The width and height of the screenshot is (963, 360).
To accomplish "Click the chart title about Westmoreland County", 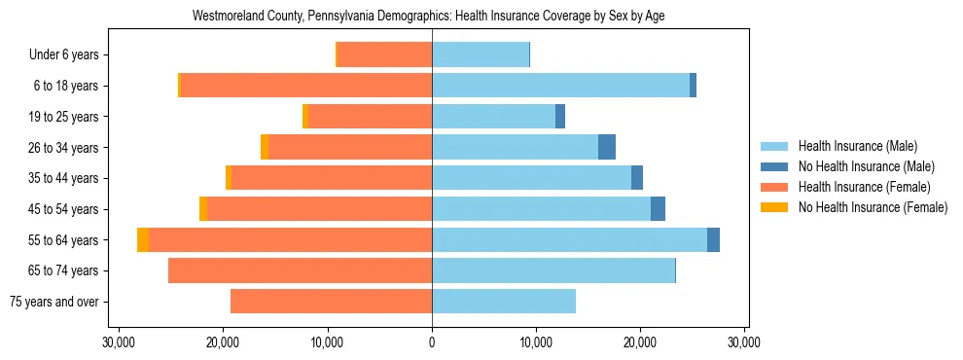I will [x=428, y=17].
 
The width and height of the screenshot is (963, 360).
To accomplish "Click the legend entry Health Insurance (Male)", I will [x=857, y=146].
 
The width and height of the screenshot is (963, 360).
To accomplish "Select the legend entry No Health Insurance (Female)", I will [x=873, y=207].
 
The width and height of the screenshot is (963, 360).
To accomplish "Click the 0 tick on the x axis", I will [x=432, y=342].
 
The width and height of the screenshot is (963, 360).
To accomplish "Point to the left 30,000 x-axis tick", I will [x=119, y=342].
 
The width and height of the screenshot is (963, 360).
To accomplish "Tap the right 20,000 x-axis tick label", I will [x=640, y=342].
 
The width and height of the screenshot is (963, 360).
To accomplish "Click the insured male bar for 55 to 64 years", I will [x=569, y=239].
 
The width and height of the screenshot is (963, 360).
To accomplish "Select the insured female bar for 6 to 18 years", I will [x=306, y=86].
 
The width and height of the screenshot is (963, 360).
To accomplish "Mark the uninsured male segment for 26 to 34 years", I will [x=607, y=147].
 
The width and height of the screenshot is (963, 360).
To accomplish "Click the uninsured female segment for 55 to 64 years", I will [x=143, y=239].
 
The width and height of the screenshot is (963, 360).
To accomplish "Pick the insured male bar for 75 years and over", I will [x=504, y=301].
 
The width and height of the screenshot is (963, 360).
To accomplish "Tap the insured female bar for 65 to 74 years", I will [x=300, y=270].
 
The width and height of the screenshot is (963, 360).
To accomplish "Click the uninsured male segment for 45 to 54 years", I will [x=658, y=208].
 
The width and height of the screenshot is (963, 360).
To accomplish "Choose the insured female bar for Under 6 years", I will [x=384, y=54].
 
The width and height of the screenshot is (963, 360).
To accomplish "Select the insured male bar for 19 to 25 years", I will [x=493, y=116].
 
